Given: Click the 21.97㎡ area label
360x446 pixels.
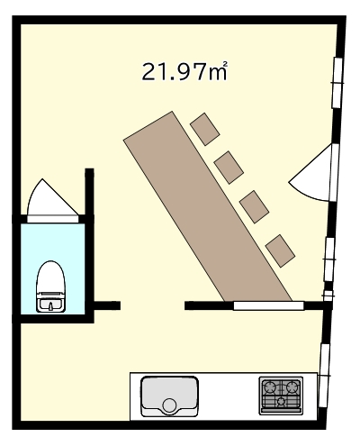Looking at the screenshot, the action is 184,71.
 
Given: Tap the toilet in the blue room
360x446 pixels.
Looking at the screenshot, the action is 50,287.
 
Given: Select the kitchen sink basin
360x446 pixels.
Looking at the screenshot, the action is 169,396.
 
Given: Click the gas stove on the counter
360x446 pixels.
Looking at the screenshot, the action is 281,396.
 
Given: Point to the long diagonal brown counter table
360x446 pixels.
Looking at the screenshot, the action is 208,206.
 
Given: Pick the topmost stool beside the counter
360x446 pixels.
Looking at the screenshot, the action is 205,129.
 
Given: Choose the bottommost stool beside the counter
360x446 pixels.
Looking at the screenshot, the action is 280,250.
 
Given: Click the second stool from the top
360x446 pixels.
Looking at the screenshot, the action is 229,168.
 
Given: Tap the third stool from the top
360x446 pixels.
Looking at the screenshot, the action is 254,207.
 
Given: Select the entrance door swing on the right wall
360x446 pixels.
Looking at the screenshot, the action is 312,173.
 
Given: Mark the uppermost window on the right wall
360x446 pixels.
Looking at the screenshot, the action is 337,83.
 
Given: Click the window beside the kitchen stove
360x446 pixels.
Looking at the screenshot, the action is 324,376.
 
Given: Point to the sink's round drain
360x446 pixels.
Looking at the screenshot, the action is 169,405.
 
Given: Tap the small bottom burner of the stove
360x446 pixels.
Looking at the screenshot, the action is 281,401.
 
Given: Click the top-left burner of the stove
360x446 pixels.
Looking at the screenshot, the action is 269,387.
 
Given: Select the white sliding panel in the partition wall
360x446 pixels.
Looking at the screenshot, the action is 268,305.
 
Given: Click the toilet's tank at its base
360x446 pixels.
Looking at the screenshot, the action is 50,304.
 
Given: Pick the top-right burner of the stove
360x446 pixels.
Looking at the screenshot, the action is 292,387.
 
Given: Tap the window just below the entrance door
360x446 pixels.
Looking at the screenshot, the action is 329,259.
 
